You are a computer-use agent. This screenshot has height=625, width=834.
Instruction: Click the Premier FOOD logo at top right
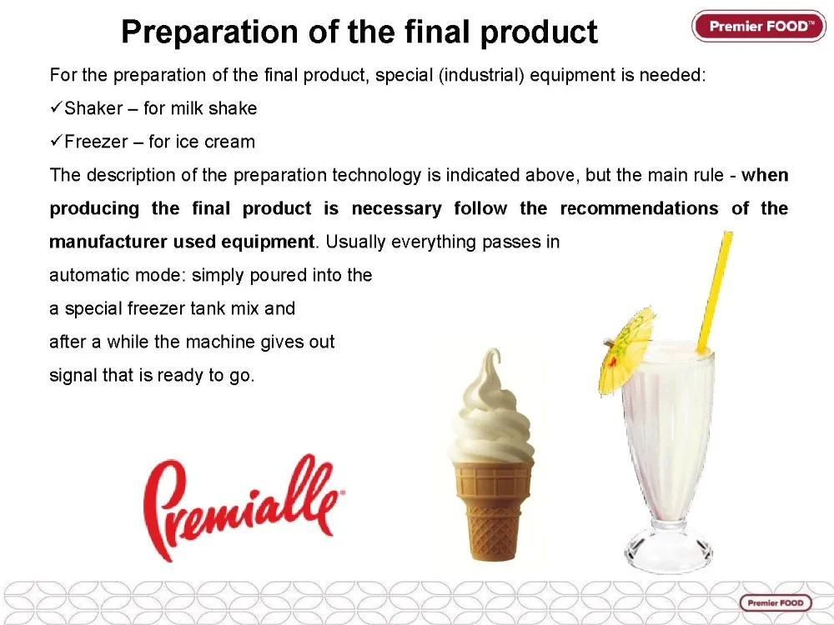[x=758, y=26]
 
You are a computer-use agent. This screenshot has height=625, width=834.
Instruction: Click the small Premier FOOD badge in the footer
[x=776, y=602]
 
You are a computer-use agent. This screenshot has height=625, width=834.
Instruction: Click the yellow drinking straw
[x=715, y=292]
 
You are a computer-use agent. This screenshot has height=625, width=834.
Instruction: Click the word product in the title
[x=539, y=32]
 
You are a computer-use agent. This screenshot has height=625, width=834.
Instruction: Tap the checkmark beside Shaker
[x=57, y=107]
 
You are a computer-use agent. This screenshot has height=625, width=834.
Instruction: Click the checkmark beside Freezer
[x=57, y=142]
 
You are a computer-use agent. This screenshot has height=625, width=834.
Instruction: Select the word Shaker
[x=93, y=108]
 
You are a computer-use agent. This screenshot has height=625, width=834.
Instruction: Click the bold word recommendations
[x=640, y=208]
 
